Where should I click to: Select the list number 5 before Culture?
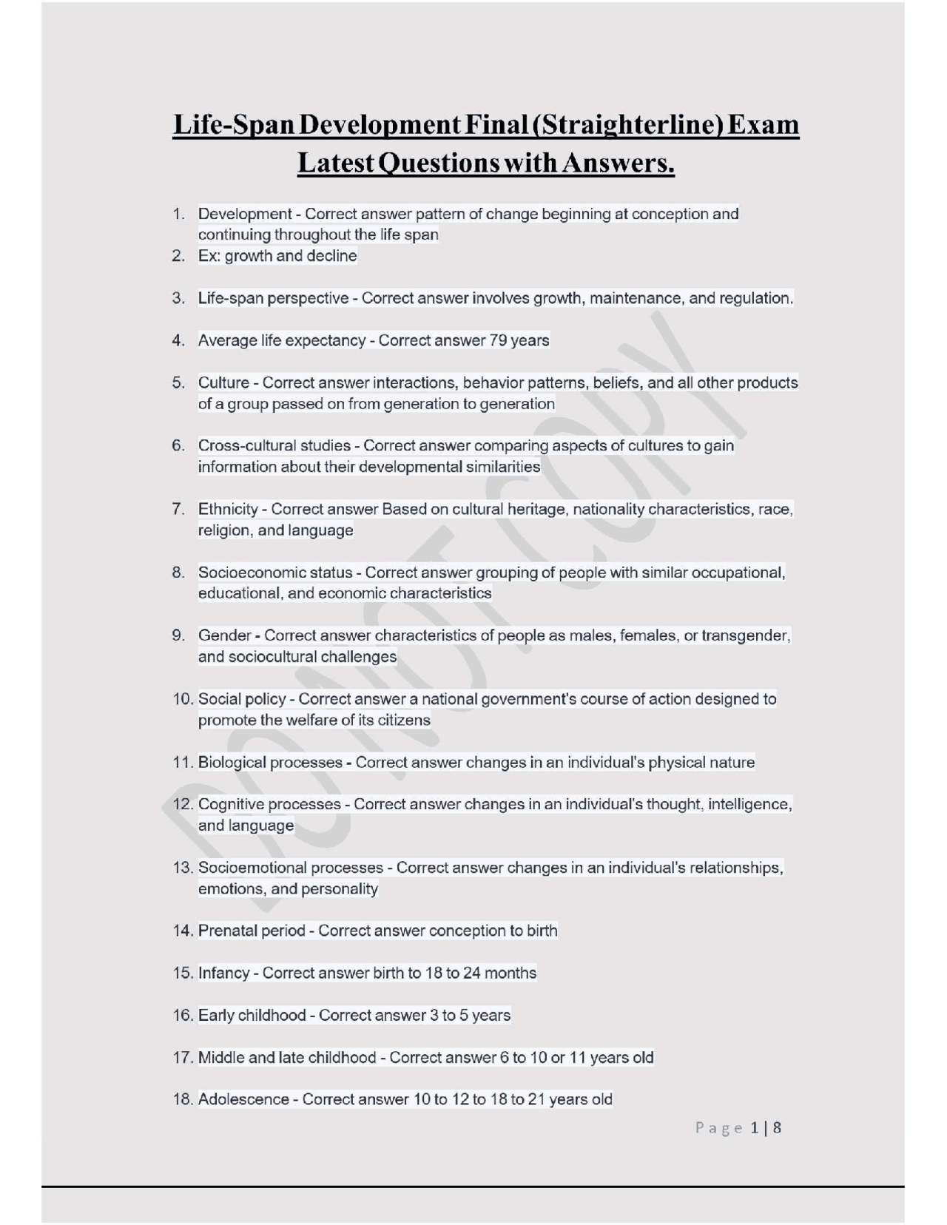pos(178,383)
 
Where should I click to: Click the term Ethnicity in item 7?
pos(228,509)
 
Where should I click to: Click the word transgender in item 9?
pos(745,635)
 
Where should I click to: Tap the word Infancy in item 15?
pos(223,973)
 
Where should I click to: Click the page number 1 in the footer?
pos(755,1127)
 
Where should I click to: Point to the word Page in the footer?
pos(718,1128)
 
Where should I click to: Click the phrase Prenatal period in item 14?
pos(252,931)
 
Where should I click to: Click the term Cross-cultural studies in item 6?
pos(274,446)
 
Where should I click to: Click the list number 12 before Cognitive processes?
pos(183,804)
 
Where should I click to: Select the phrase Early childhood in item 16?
pos(252,1015)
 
